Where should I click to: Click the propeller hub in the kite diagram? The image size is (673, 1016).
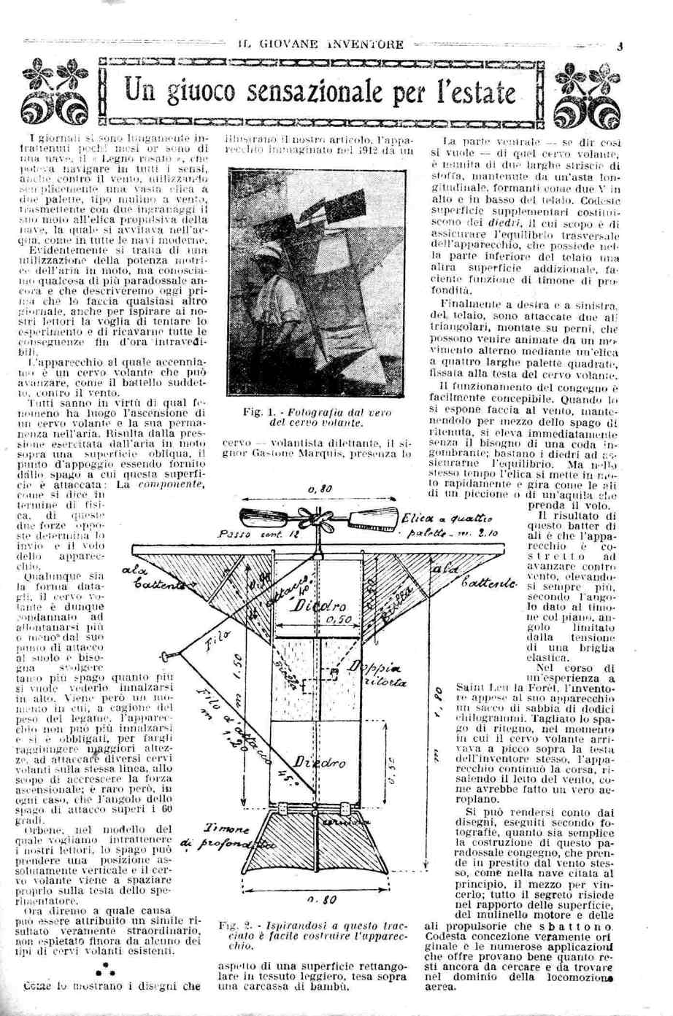318,521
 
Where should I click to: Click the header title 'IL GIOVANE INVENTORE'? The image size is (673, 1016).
321,44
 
